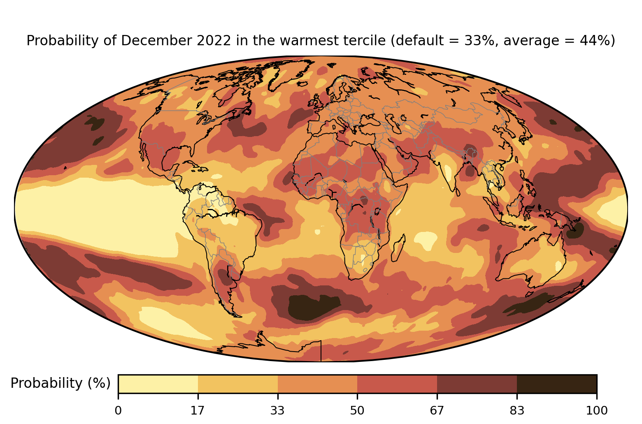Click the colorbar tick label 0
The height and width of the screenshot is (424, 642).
(x=118, y=410)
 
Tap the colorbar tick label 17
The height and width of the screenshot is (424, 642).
(x=198, y=410)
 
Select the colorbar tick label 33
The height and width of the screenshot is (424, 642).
(x=278, y=410)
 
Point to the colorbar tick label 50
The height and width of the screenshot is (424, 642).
(x=357, y=410)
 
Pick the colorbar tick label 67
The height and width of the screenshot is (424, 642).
(x=437, y=410)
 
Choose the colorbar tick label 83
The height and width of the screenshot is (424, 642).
(x=517, y=410)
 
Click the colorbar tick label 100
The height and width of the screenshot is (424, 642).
(x=596, y=410)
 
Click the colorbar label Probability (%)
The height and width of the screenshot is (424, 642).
(x=60, y=383)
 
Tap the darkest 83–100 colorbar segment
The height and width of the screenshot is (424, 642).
(x=556, y=384)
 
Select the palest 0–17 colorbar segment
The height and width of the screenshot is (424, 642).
(x=158, y=384)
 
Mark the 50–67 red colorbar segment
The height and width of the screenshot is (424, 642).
(x=397, y=384)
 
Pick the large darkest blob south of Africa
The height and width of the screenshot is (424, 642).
(x=313, y=307)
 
